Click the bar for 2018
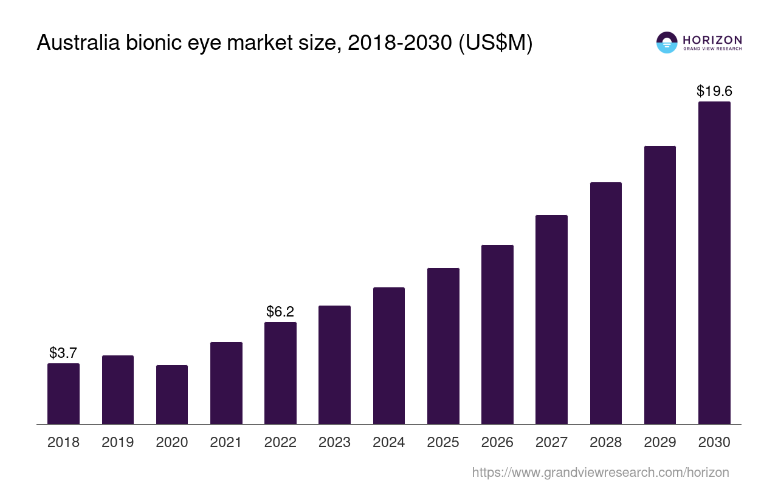pyautogui.click(x=63, y=394)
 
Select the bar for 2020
pyautogui.click(x=172, y=395)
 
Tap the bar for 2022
pyautogui.click(x=280, y=373)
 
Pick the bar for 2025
pyautogui.click(x=443, y=346)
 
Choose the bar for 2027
pyautogui.click(x=551, y=320)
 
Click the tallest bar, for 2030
pyautogui.click(x=714, y=262)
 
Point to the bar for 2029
pyautogui.click(x=660, y=285)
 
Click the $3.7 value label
pyautogui.click(x=63, y=353)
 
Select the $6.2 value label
pyautogui.click(x=280, y=312)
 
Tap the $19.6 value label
pyautogui.click(x=714, y=91)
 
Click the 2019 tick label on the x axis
pyautogui.click(x=118, y=442)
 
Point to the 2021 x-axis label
pyautogui.click(x=226, y=442)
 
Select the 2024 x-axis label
pyautogui.click(x=389, y=442)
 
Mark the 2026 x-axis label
pyautogui.click(x=497, y=442)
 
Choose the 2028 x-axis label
pyautogui.click(x=606, y=442)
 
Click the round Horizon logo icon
pyautogui.click(x=667, y=43)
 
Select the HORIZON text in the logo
pyautogui.click(x=712, y=39)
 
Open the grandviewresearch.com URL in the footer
pyautogui.click(x=601, y=472)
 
